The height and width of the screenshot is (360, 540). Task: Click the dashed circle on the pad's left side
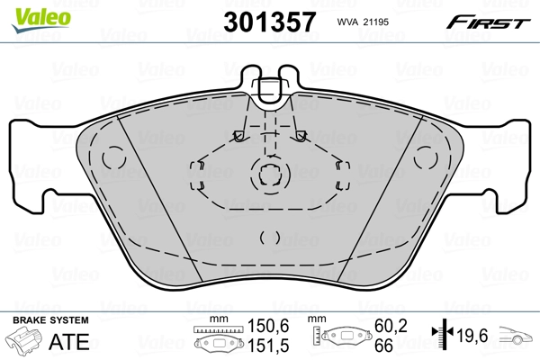coord(112,157)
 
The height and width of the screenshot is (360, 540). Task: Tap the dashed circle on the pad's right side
coord(426,157)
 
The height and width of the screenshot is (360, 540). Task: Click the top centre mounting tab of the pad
coord(270,88)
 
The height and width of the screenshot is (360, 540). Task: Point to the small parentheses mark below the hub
coord(269,238)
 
